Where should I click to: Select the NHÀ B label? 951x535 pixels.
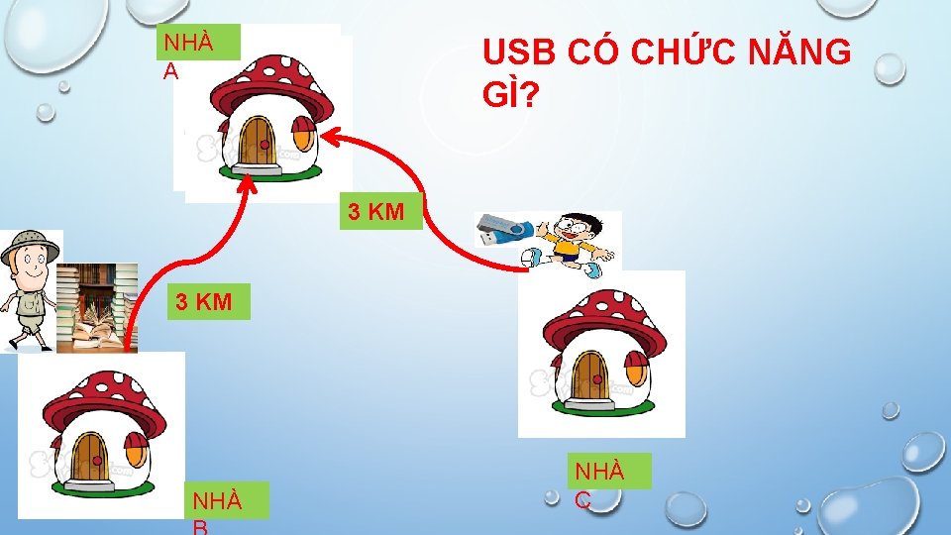pyautogui.click(x=218, y=507)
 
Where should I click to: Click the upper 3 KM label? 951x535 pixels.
pyautogui.click(x=381, y=211)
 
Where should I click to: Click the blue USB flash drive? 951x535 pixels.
pyautogui.click(x=503, y=231)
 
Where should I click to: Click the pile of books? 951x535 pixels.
pyautogui.click(x=96, y=307)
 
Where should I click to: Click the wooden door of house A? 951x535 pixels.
pyautogui.click(x=260, y=143)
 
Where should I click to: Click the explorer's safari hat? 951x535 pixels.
pyautogui.click(x=30, y=246)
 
